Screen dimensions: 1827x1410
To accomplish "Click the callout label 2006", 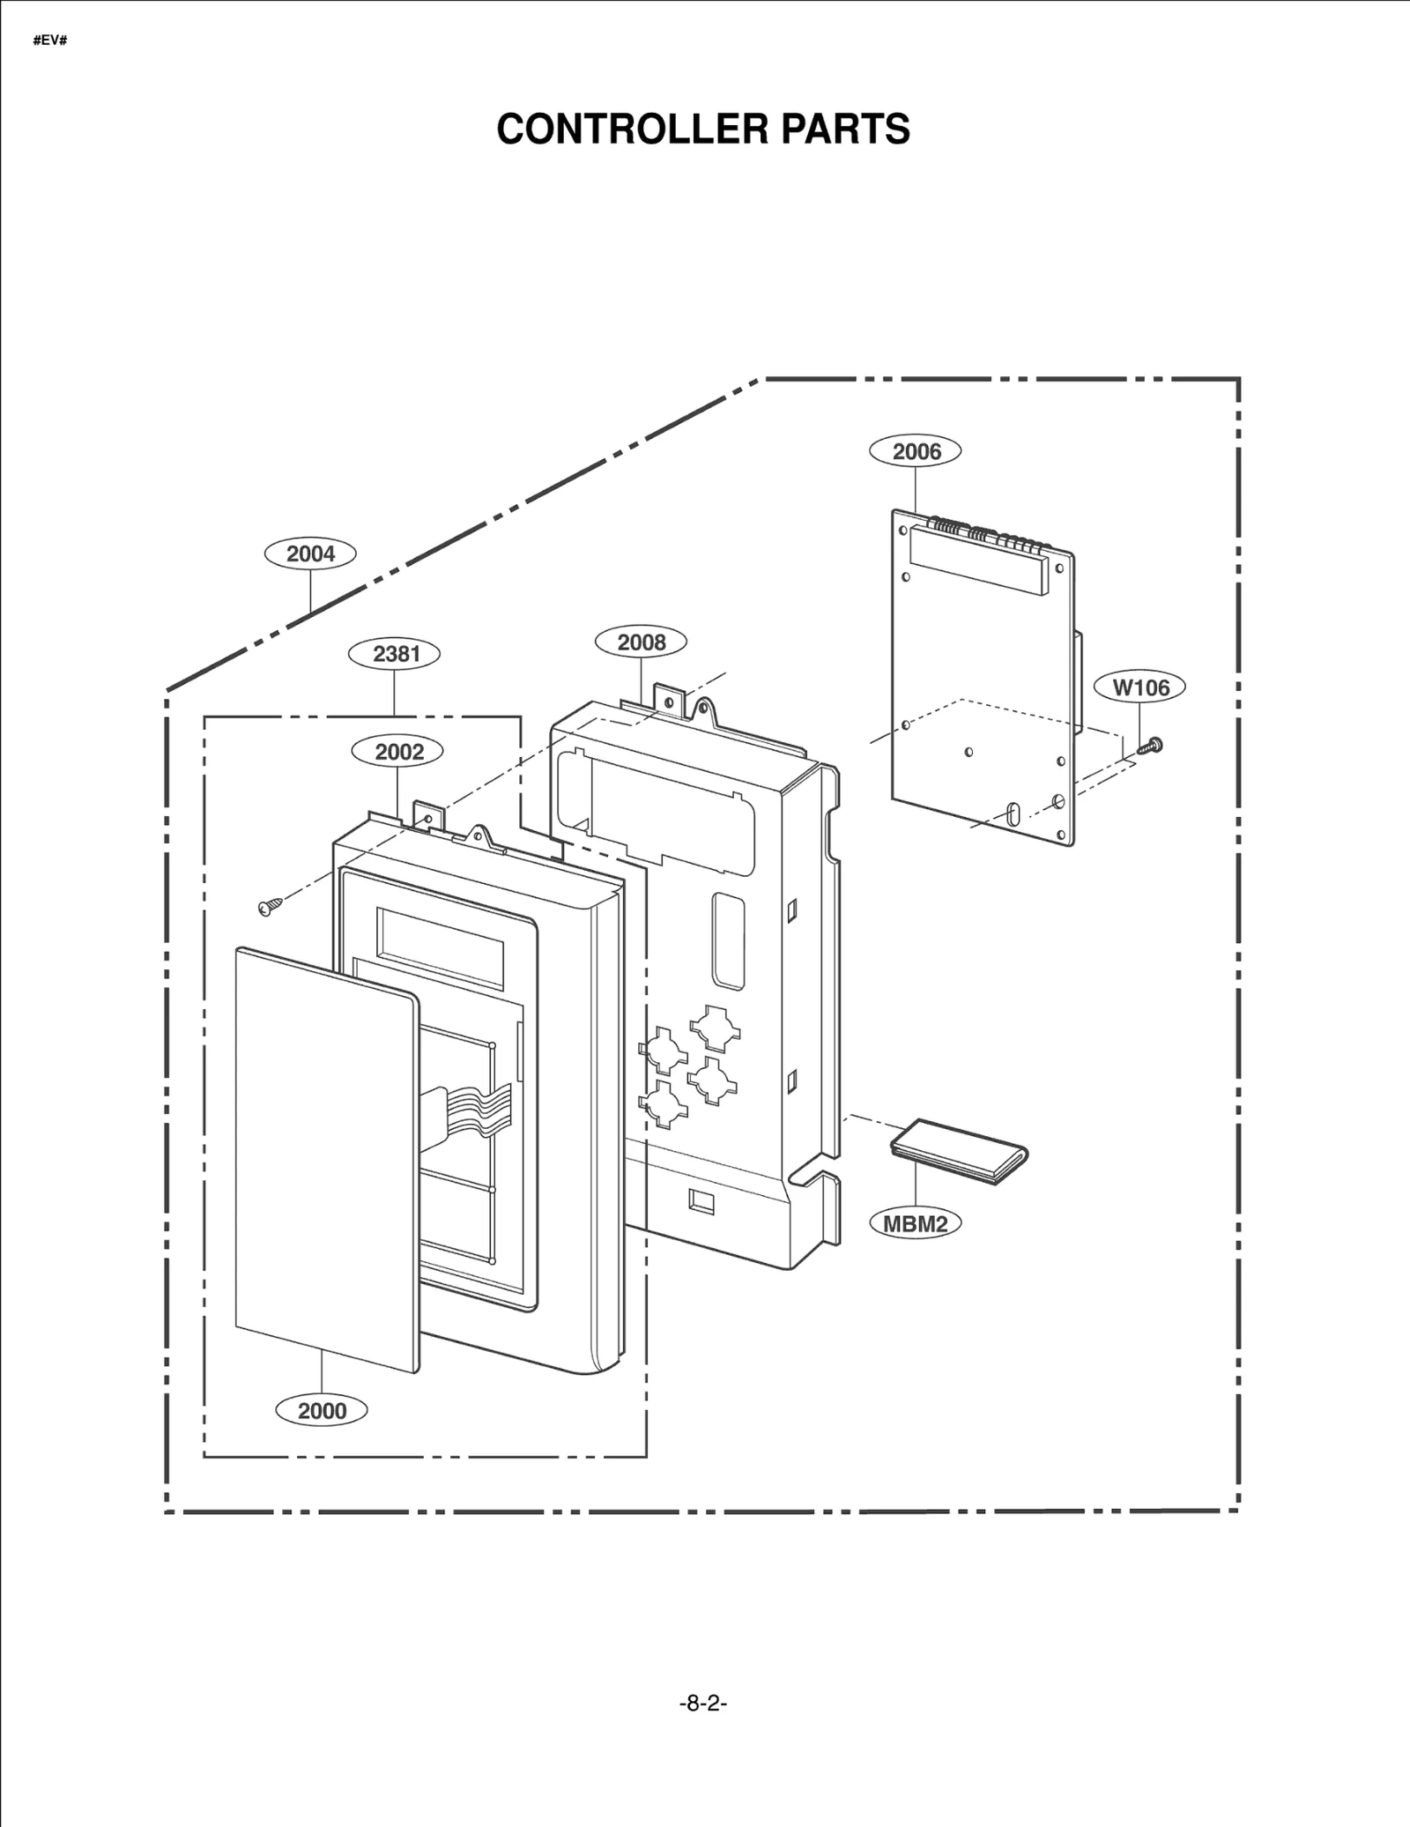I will click(x=916, y=451).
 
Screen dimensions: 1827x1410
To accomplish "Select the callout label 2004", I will click(x=310, y=553).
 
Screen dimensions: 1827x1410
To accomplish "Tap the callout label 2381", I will click(x=396, y=653).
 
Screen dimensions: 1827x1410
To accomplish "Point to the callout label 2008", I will click(x=641, y=642).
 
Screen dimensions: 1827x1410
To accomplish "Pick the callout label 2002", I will click(x=398, y=751).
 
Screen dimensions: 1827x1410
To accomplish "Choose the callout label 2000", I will click(x=322, y=1410).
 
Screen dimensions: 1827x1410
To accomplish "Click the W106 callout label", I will click(x=1140, y=687).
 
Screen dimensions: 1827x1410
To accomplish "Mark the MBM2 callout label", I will click(x=916, y=1223).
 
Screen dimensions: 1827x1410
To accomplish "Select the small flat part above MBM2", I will click(x=960, y=1151).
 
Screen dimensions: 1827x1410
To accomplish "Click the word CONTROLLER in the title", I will click(x=620, y=130).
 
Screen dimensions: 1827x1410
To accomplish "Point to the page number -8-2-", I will click(x=703, y=1704).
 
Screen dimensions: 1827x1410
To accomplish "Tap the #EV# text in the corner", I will click(x=50, y=41).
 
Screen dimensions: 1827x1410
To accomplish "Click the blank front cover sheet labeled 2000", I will click(x=326, y=1155).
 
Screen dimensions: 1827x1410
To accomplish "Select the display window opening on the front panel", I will click(x=441, y=947).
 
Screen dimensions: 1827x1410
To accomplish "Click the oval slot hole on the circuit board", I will click(x=1012, y=811).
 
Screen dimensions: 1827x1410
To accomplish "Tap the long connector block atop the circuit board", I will click(x=976, y=560).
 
